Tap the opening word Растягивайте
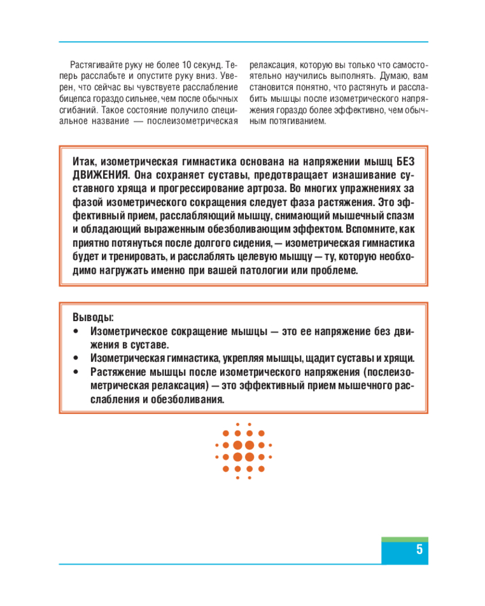click(x=96, y=64)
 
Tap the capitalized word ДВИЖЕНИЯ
click(x=96, y=175)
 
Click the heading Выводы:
click(x=93, y=318)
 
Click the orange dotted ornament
click(x=244, y=451)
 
